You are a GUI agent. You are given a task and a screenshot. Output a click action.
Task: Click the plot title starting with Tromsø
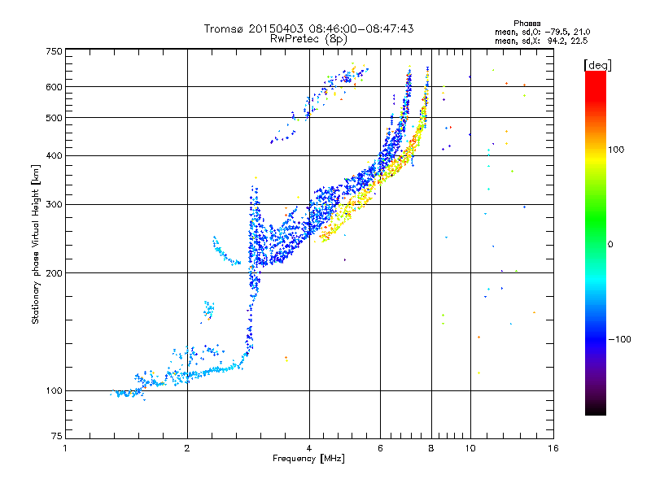click(x=308, y=28)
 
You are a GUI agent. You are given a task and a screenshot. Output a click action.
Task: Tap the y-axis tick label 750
click(x=54, y=51)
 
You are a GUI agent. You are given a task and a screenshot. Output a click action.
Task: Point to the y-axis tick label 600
click(x=54, y=87)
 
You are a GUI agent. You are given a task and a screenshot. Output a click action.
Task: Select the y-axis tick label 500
click(x=54, y=118)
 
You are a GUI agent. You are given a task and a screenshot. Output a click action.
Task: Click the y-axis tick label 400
click(x=54, y=155)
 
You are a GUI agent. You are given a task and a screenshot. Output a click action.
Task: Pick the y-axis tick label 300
click(x=54, y=204)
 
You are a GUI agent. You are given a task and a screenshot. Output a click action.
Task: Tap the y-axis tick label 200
click(x=54, y=272)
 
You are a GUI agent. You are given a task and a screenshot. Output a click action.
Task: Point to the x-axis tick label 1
click(x=65, y=448)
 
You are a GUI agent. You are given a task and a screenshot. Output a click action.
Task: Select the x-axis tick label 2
click(x=187, y=448)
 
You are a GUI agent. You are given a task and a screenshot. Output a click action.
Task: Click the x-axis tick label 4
click(x=309, y=448)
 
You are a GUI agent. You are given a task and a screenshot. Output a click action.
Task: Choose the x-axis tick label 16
click(x=553, y=448)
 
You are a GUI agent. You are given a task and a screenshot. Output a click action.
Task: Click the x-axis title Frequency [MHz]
click(x=308, y=460)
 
